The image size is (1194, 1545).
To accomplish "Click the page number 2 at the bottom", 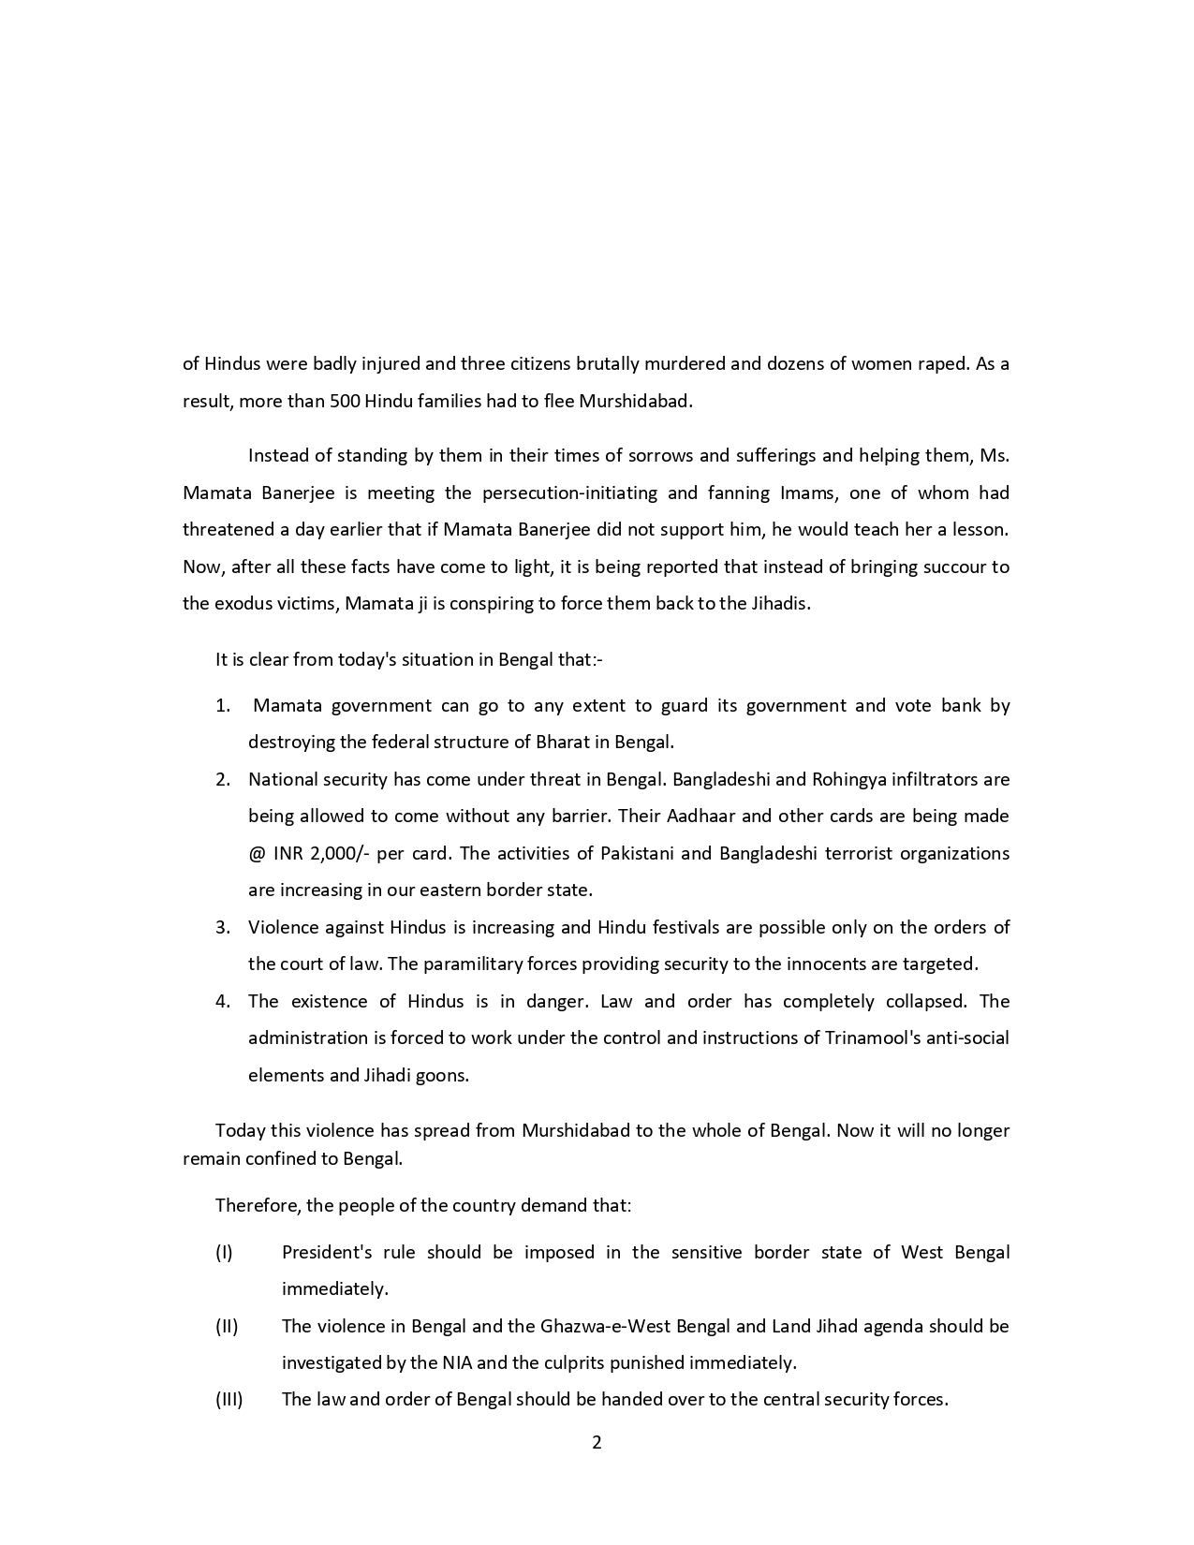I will point(597,1442).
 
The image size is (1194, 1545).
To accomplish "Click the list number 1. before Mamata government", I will point(223,705).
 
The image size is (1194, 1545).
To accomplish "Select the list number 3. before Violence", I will point(223,927).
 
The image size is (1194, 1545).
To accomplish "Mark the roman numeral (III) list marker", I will point(228,1399).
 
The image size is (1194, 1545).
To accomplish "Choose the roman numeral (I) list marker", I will point(224,1252).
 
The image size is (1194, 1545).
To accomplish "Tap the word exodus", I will point(242,603).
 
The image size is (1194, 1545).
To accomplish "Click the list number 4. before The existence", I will point(223,1001).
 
